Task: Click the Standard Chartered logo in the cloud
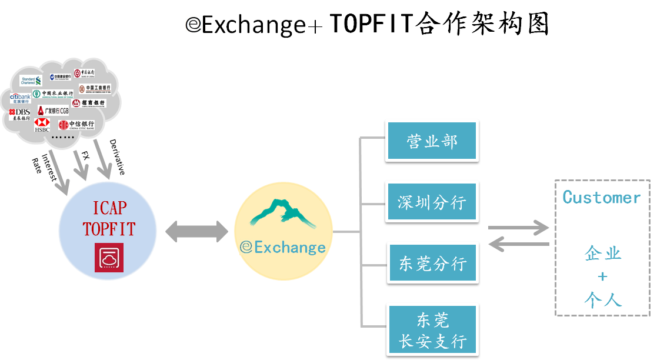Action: [x=31, y=81]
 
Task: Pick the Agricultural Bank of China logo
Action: [x=54, y=94]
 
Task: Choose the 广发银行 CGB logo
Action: [x=53, y=111]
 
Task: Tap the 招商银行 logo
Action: [x=89, y=103]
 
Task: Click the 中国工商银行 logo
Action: [x=94, y=89]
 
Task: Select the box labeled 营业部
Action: [x=431, y=141]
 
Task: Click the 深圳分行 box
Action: [x=431, y=202]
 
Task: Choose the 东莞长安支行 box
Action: [x=432, y=330]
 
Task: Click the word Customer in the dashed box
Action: [x=601, y=197]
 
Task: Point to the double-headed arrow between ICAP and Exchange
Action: [x=196, y=231]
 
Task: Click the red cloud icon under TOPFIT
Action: [x=109, y=257]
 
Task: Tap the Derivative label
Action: [x=117, y=157]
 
